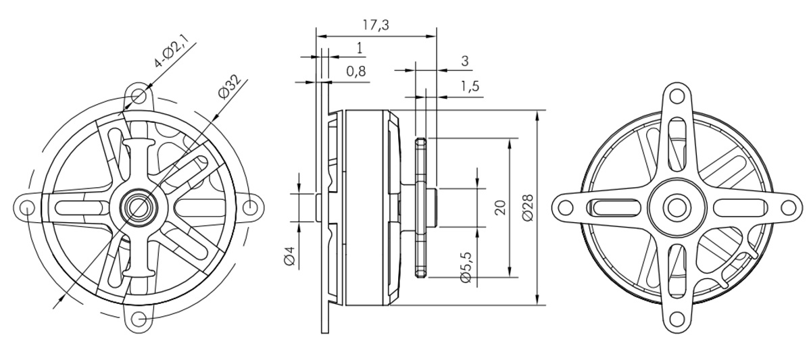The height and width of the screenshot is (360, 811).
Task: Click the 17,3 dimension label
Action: tap(376, 25)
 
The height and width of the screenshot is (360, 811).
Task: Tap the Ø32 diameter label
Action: tap(230, 86)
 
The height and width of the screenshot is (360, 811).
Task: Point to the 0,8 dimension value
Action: tap(356, 72)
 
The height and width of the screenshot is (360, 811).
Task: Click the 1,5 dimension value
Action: tap(470, 86)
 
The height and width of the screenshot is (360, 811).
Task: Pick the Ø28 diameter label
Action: tap(529, 207)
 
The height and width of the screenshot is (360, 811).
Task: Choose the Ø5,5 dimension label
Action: tap(466, 267)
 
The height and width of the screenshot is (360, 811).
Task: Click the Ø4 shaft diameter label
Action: tap(290, 256)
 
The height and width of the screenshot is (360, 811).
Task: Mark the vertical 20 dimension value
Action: tap(500, 207)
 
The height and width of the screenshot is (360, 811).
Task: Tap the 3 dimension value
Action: tap(465, 61)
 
